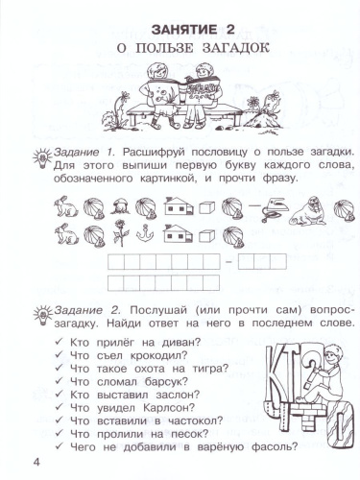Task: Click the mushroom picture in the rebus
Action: (x=124, y=204)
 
